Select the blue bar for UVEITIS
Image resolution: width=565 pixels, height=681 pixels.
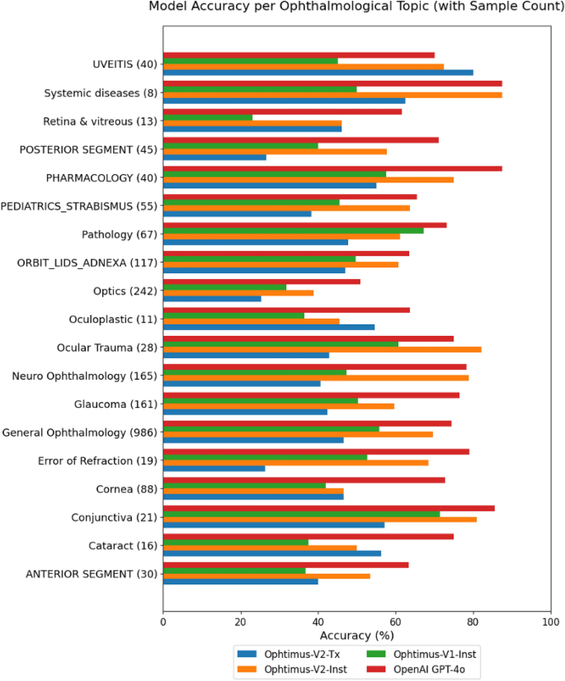(x=318, y=73)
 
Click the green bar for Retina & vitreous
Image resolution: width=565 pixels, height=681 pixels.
(x=208, y=118)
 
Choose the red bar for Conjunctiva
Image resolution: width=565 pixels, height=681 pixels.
(x=329, y=508)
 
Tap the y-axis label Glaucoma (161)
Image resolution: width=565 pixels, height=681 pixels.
(x=115, y=404)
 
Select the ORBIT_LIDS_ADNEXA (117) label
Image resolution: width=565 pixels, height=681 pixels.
(x=87, y=263)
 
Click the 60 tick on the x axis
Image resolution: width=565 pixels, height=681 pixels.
(x=396, y=621)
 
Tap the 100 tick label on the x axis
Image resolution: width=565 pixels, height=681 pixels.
(x=551, y=621)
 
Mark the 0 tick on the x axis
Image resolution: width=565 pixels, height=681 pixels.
(x=163, y=621)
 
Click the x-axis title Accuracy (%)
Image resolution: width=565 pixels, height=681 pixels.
(x=356, y=636)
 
